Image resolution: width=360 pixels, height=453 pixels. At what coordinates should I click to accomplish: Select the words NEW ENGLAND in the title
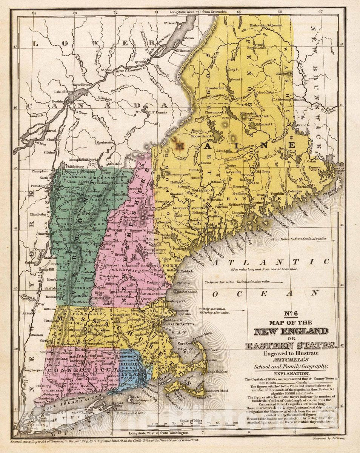(291, 332)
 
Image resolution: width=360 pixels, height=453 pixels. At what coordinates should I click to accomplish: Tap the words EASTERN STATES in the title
(291, 345)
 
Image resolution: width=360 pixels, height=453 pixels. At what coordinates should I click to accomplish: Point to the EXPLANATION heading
(291, 373)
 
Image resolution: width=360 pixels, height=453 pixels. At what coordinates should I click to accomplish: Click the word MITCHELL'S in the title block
(291, 360)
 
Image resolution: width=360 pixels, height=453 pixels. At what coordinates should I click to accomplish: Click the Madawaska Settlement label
(268, 25)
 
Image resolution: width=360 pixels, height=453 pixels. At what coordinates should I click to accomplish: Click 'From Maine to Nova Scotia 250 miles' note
(298, 239)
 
